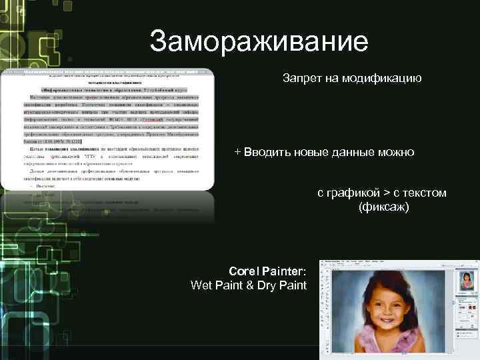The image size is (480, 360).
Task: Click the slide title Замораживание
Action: (259, 41)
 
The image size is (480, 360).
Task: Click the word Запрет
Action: (302, 79)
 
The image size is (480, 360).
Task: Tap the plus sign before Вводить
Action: (237, 152)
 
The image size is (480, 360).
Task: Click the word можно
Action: (398, 153)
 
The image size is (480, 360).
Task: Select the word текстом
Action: (425, 193)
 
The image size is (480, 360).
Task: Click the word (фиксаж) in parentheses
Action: (383, 207)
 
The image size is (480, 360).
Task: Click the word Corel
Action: (243, 271)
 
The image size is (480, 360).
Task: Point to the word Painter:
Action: (285, 271)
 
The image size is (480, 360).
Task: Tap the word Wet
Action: (201, 285)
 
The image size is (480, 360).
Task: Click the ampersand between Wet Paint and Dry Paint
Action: (245, 285)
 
